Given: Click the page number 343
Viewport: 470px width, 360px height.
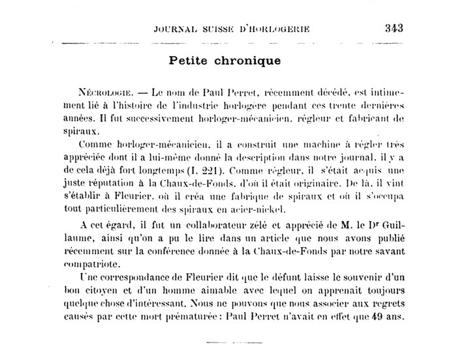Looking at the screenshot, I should click(x=396, y=28).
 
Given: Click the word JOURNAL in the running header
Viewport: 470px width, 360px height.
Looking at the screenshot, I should click(x=174, y=29).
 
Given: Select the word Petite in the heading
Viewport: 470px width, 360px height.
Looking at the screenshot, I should click(x=190, y=61).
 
